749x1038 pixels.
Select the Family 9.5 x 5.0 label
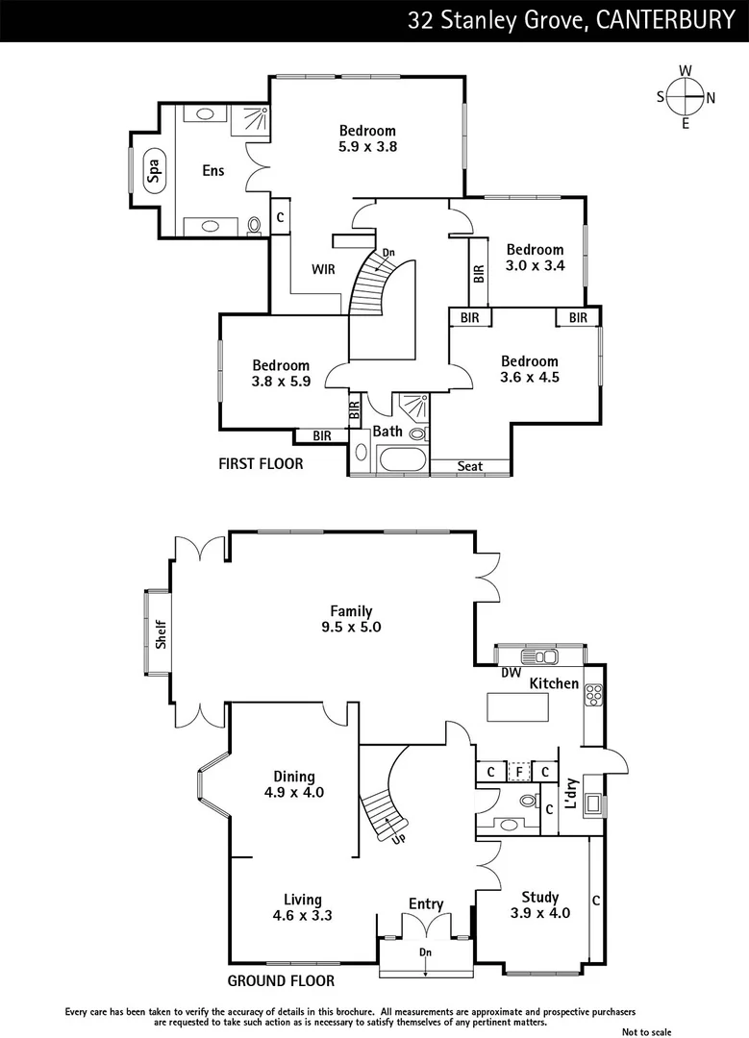click(x=351, y=619)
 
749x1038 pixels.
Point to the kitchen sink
click(x=546, y=657)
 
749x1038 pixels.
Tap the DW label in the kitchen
click(x=510, y=673)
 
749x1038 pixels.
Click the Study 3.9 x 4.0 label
click(x=539, y=905)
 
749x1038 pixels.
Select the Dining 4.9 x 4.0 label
click(x=293, y=785)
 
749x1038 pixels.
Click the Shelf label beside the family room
click(x=162, y=635)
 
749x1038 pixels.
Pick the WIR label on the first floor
click(x=323, y=269)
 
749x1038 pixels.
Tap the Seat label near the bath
click(x=469, y=467)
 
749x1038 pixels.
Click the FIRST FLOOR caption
click(x=261, y=463)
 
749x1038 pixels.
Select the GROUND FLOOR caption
click(x=281, y=981)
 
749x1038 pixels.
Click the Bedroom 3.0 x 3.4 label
click(x=536, y=258)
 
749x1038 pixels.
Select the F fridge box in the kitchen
click(x=518, y=771)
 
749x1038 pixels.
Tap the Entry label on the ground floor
click(x=426, y=903)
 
